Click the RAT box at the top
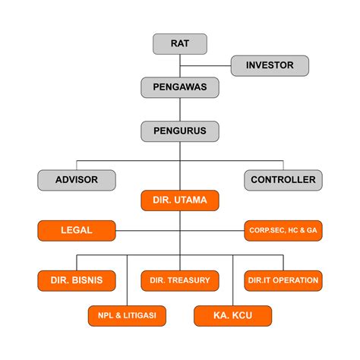coord(180,44)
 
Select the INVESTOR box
coord(270,65)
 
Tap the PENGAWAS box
coord(180,87)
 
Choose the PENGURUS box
coord(180,131)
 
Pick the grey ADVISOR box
coord(77,180)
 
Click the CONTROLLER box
coord(283,180)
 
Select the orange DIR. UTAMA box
coord(180,201)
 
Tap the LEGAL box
coord(77,231)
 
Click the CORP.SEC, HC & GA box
coord(283,231)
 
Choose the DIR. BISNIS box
coord(77,281)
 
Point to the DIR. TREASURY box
coord(180,281)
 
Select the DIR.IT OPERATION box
coord(283,281)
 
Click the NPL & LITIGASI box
coord(127,316)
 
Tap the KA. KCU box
coord(233,316)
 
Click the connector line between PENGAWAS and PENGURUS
coord(180,109)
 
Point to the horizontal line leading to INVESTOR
coord(205,66)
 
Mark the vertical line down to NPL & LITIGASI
coord(127,280)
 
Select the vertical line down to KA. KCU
coord(233,280)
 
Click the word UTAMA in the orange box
coord(191,201)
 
